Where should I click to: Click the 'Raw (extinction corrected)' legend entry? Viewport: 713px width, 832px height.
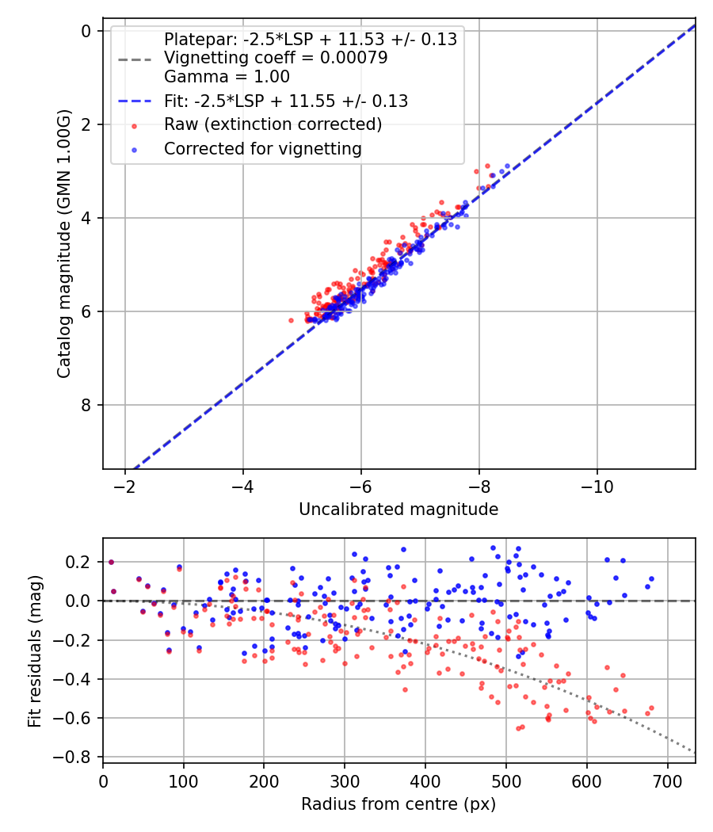pyautogui.click(x=273, y=124)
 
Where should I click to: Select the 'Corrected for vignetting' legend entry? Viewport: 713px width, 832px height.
pyautogui.click(x=262, y=148)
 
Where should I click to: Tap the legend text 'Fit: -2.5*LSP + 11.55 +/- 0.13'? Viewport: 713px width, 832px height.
pyautogui.click(x=285, y=101)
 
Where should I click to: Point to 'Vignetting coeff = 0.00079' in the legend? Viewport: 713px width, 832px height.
pyautogui.click(x=276, y=58)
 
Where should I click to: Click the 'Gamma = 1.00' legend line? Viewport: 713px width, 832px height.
pyautogui.click(x=227, y=77)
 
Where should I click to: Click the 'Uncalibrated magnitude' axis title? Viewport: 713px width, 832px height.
pyautogui.click(x=398, y=510)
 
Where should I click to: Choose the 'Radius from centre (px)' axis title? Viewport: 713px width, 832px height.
pyautogui.click(x=398, y=804)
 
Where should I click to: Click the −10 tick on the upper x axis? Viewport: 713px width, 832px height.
pyautogui.click(x=597, y=486)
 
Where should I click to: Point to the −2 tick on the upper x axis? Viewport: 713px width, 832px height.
pyautogui.click(x=124, y=486)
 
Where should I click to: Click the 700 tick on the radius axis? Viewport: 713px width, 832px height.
pyautogui.click(x=667, y=780)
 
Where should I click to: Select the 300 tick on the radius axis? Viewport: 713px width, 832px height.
pyautogui.click(x=345, y=780)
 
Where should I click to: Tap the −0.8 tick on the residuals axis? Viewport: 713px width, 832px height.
pyautogui.click(x=78, y=757)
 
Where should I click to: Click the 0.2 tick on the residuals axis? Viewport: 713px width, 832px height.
pyautogui.click(x=82, y=562)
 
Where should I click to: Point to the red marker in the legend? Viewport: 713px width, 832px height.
pyautogui.click(x=134, y=125)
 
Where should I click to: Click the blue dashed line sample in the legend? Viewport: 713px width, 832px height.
pyautogui.click(x=134, y=101)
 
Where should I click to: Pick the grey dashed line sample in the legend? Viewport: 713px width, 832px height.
pyautogui.click(x=134, y=59)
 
